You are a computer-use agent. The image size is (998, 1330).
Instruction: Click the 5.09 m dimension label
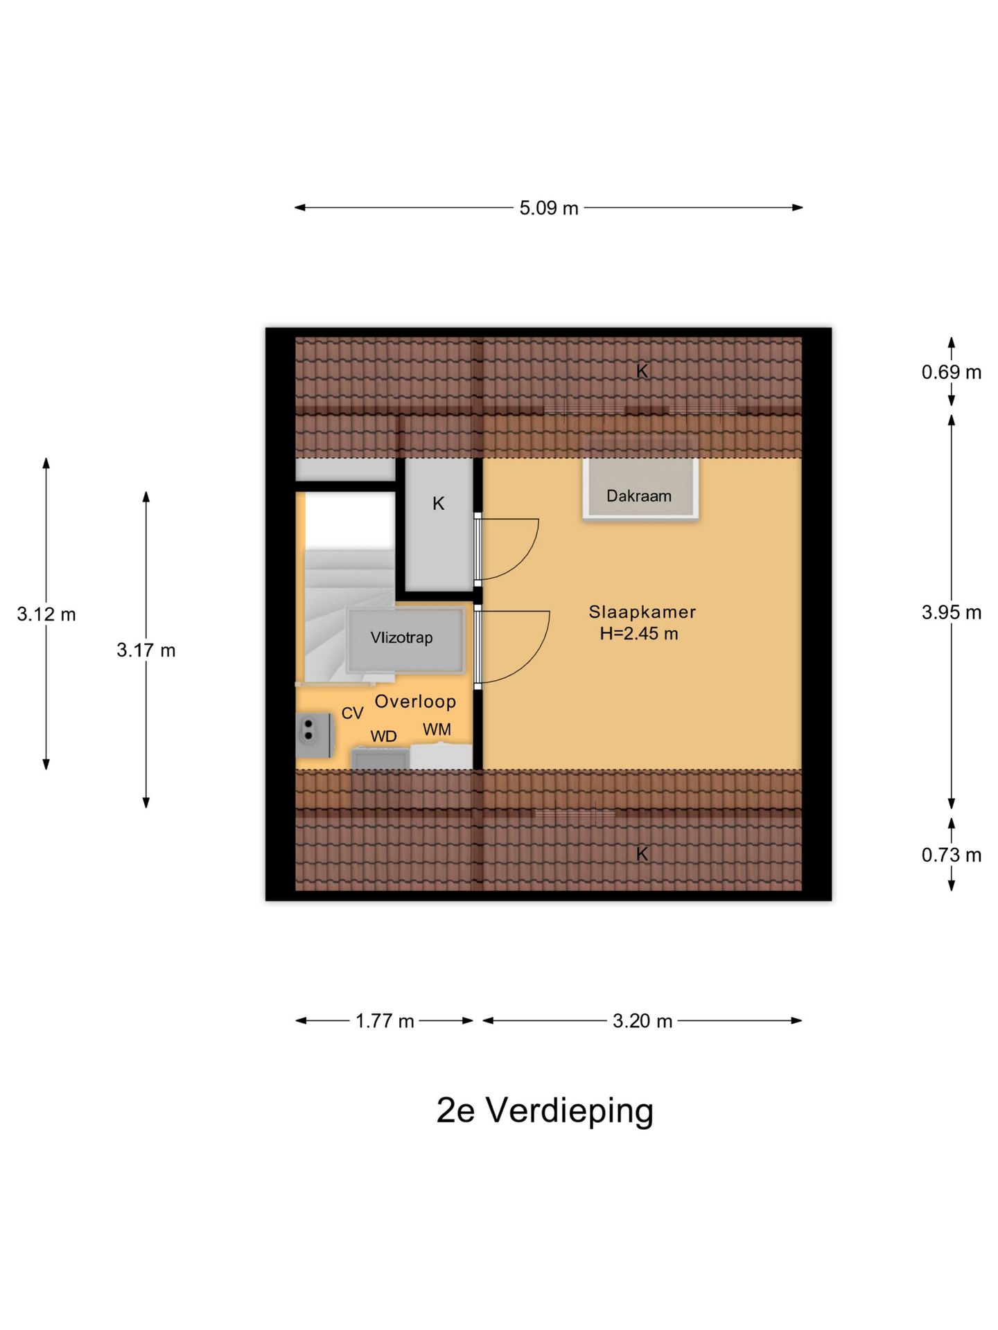coord(548,208)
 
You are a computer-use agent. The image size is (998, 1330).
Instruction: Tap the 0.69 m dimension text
coord(951,373)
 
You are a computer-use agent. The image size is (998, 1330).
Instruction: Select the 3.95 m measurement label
coord(951,612)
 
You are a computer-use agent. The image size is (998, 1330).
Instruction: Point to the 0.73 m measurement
coord(951,855)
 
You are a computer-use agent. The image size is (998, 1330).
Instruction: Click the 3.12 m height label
coord(46,614)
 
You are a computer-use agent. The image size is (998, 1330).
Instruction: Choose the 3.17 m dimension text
coord(146,650)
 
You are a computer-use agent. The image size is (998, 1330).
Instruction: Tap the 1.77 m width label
coord(385,1021)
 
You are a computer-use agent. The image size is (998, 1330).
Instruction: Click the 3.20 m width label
coord(642,1021)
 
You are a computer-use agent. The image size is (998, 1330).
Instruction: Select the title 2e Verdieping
coord(545,1110)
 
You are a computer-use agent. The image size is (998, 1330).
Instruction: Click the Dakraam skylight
coord(640,488)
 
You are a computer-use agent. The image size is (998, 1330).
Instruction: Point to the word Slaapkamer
coord(642,612)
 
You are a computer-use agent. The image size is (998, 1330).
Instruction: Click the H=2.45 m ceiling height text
coord(638,633)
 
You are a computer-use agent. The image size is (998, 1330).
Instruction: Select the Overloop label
coord(415,702)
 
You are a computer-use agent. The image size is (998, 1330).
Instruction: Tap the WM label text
coord(437,729)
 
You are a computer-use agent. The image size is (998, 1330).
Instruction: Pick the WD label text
coord(383,736)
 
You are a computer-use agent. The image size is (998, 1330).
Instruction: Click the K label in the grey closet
coord(438,504)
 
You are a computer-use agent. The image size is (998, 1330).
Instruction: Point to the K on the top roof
coord(642,371)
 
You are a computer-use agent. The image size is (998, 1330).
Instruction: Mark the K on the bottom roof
coord(642,854)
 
